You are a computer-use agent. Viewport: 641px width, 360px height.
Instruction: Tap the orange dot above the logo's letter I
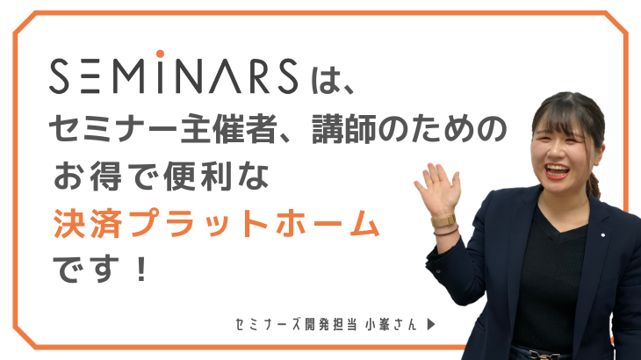coord(160,54)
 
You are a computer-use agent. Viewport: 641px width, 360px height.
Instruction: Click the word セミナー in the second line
coord(113,128)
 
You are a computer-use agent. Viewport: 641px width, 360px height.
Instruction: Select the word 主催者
coord(228,128)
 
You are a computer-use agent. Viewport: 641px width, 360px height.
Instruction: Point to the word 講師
coord(344,128)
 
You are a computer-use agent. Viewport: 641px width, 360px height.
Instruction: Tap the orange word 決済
coord(88,224)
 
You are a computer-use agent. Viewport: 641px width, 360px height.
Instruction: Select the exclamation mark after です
coord(141,270)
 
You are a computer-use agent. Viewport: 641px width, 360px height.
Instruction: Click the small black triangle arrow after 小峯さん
coord(431,325)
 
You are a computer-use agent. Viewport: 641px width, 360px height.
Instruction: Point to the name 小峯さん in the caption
coord(392,325)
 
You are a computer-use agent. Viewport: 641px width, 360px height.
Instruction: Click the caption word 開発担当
coord(331,325)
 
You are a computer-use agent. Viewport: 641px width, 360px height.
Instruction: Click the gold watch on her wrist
coord(443,221)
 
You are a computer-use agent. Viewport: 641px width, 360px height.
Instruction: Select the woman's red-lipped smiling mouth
coord(557,170)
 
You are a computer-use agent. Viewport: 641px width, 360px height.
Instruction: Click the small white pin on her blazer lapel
coord(603,235)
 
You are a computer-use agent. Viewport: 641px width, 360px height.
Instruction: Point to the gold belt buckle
coord(544,355)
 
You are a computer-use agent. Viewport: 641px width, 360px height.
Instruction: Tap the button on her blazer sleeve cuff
coord(438,270)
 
